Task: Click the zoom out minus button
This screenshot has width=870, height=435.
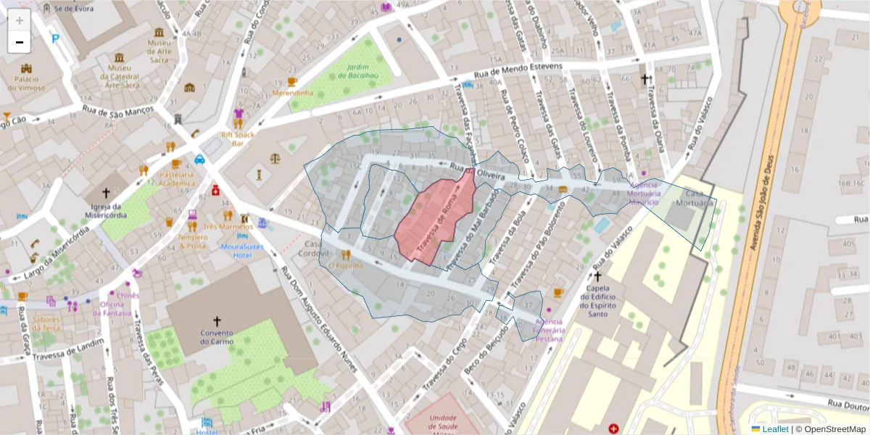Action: (20, 42)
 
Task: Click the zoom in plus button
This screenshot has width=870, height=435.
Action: (20, 20)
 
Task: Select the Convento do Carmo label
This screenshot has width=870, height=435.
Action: (216, 337)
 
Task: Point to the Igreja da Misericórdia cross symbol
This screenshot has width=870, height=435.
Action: (107, 193)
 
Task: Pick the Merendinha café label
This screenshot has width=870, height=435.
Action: (293, 93)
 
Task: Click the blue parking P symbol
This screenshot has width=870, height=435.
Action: (56, 38)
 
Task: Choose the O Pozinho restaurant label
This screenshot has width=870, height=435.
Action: (345, 265)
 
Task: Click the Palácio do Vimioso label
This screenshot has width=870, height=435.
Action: (26, 83)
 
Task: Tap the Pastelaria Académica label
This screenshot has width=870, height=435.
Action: (177, 178)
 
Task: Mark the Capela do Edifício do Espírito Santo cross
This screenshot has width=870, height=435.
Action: (597, 276)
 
